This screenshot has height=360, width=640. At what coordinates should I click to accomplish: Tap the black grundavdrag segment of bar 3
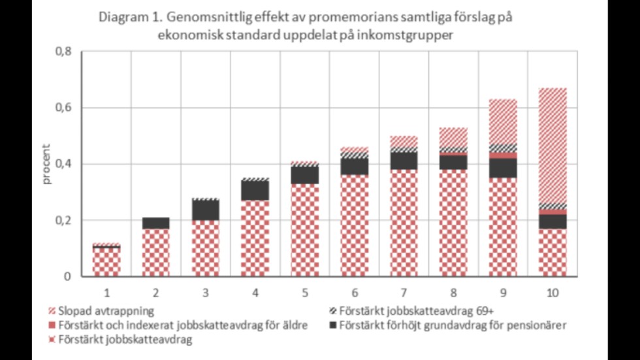(x=205, y=210)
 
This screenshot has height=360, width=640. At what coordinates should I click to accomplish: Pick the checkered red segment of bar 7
(x=404, y=222)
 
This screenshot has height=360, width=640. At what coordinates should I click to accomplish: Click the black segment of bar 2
(x=155, y=223)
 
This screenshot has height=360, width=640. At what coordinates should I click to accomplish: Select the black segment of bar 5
(x=304, y=175)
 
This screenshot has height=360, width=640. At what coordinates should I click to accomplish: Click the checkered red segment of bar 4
(x=255, y=238)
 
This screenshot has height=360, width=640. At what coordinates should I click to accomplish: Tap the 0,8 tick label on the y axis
(x=62, y=52)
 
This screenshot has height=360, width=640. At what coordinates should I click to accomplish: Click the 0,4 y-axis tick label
(x=62, y=164)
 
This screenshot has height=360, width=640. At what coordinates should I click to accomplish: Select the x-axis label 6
(x=354, y=293)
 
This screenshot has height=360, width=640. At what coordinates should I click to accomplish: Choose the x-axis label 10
(x=552, y=293)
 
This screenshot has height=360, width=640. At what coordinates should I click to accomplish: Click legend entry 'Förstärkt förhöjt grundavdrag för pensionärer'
(x=447, y=325)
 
